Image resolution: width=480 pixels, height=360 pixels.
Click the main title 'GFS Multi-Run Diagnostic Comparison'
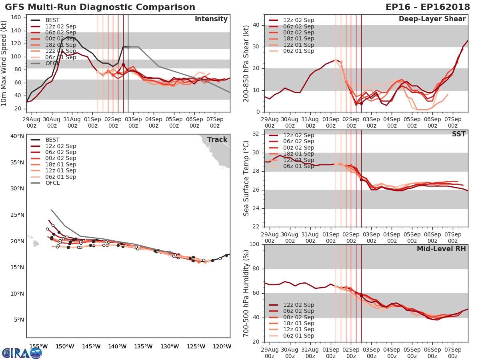point(100,7)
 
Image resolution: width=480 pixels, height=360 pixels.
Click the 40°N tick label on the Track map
point(16,136)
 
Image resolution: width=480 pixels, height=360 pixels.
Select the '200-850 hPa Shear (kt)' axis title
point(246,64)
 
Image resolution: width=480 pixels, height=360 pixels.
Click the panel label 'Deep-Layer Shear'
point(432,19)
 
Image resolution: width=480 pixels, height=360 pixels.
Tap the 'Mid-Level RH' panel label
point(441,249)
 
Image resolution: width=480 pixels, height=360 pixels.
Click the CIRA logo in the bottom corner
point(22,353)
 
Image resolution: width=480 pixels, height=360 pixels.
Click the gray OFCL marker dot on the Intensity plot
point(128,47)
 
